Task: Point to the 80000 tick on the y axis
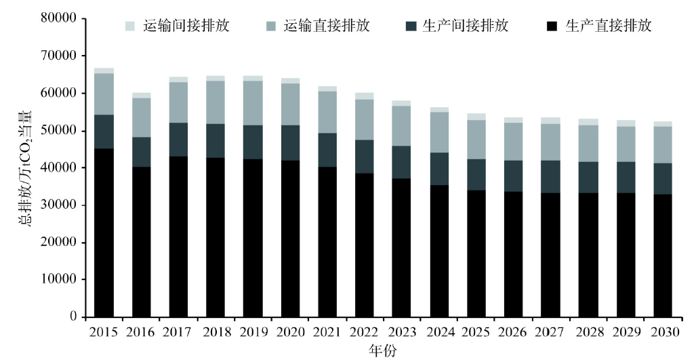pos(59,18)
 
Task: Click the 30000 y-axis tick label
pos(59,205)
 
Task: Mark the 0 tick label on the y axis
pos(73,317)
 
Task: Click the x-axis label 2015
pos(104,332)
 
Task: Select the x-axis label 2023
pos(401,332)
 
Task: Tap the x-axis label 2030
pos(662,332)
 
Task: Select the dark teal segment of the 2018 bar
pos(216,141)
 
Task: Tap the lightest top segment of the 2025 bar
pos(476,117)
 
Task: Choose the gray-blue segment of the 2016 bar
pos(141,117)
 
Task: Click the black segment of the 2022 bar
pos(365,245)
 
